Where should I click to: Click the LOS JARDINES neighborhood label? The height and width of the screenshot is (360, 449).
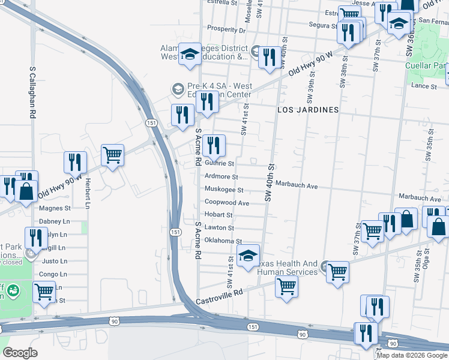[308, 110]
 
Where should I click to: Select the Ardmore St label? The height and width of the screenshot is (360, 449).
[221, 177]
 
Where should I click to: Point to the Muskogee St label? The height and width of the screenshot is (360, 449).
[223, 190]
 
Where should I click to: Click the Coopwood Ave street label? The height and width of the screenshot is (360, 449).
[227, 203]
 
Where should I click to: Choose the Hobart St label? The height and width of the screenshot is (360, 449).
[218, 215]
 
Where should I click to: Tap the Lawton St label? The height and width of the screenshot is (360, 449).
[219, 228]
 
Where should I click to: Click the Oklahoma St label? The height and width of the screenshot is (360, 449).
[223, 241]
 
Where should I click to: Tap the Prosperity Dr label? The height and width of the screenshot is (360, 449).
[226, 29]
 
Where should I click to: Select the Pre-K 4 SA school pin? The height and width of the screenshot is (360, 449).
[177, 89]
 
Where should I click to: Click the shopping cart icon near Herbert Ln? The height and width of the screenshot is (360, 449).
[112, 155]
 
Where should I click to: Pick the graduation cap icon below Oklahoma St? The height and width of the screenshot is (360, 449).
[247, 256]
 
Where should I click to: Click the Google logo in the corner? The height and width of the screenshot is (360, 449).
[20, 353]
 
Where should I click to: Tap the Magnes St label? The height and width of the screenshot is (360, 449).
[55, 209]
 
